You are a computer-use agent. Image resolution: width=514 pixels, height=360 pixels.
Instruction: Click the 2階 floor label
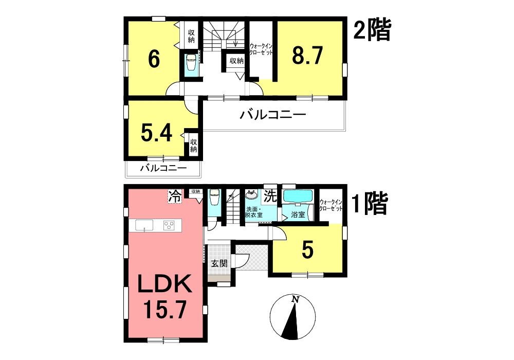[x=372, y=30]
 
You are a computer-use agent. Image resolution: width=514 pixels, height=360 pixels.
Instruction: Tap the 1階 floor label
[x=370, y=203]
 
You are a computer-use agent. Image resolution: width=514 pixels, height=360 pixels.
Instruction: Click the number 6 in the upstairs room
[x=154, y=59]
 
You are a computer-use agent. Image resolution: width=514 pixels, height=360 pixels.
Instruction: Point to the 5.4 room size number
[x=157, y=133]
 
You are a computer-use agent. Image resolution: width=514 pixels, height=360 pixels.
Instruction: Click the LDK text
[x=164, y=283]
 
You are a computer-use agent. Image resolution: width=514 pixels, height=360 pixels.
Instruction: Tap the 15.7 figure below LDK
[x=165, y=310]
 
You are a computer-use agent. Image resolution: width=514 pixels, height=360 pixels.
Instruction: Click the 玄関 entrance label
[x=219, y=263]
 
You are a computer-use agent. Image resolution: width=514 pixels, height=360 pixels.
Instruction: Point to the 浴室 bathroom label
[x=298, y=215]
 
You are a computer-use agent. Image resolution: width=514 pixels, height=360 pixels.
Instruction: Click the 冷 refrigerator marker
[x=175, y=197]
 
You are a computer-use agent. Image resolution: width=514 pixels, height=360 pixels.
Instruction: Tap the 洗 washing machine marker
[x=271, y=196]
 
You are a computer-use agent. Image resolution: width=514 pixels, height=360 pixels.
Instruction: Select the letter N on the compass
[x=296, y=299]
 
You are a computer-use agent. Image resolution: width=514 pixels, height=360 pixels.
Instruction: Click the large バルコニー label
[x=273, y=115]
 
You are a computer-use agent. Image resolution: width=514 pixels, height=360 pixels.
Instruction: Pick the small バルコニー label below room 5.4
[x=163, y=169]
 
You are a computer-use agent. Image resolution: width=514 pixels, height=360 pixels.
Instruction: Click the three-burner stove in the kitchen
[x=169, y=225]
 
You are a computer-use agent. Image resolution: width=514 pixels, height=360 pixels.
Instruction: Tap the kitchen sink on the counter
[x=144, y=225]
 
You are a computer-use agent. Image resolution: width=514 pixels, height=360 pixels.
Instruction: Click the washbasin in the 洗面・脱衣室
[x=252, y=195]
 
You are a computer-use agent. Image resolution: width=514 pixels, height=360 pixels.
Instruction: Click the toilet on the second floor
[x=191, y=63]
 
